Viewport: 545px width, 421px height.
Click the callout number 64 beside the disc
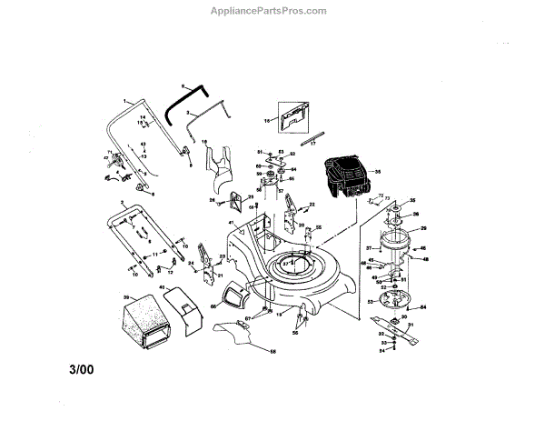click(423, 307)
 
